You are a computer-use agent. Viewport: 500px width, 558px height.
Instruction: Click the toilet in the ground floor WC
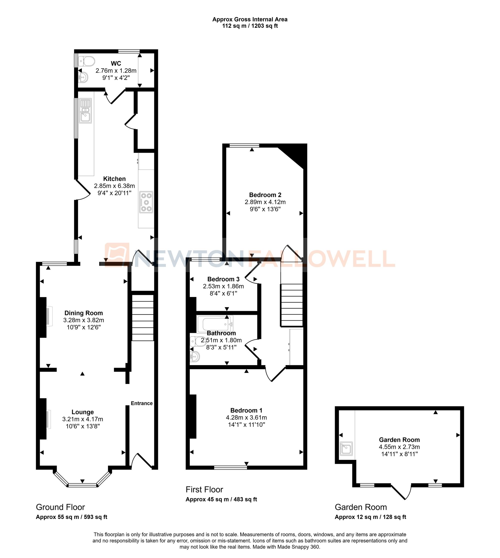[86, 61]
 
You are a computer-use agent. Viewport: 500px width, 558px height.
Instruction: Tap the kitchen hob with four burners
[146, 202]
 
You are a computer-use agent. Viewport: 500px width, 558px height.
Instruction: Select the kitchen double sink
[85, 111]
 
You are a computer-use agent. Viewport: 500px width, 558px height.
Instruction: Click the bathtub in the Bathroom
[215, 324]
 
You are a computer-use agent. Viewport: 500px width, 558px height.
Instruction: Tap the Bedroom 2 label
[265, 195]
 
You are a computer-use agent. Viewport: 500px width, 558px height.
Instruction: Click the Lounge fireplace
[46, 418]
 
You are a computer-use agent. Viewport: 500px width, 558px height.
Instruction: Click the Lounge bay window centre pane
[82, 485]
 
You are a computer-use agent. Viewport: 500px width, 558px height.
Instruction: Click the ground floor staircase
[142, 318]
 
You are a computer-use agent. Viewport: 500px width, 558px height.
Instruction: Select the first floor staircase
[291, 305]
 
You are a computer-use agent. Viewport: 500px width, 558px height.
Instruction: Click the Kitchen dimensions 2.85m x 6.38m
[114, 186]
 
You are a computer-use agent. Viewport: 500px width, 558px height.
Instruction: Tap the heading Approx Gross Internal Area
[250, 19]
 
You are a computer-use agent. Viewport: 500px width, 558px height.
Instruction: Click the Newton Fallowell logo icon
[117, 255]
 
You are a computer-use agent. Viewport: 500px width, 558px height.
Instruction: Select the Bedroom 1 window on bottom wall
[230, 467]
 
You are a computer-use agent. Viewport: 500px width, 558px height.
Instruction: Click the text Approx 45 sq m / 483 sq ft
[221, 499]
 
